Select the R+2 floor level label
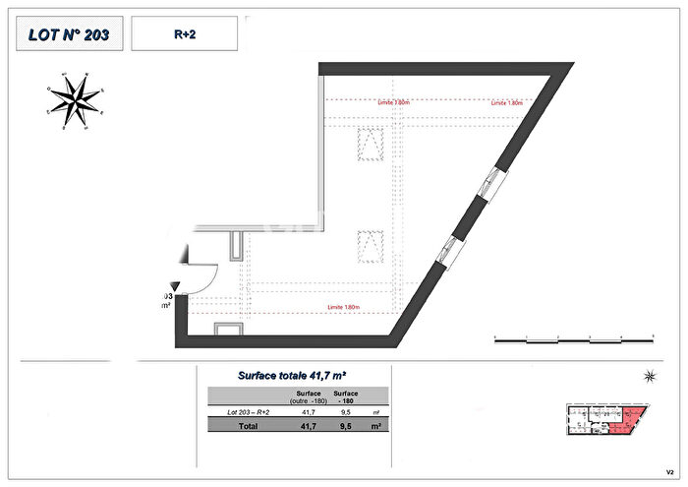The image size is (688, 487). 184,33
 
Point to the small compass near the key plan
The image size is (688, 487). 649,376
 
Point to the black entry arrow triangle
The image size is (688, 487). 175,284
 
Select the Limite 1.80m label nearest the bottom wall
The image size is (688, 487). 343,308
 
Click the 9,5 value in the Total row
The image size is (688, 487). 345,427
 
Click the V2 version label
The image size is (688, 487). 669,469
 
